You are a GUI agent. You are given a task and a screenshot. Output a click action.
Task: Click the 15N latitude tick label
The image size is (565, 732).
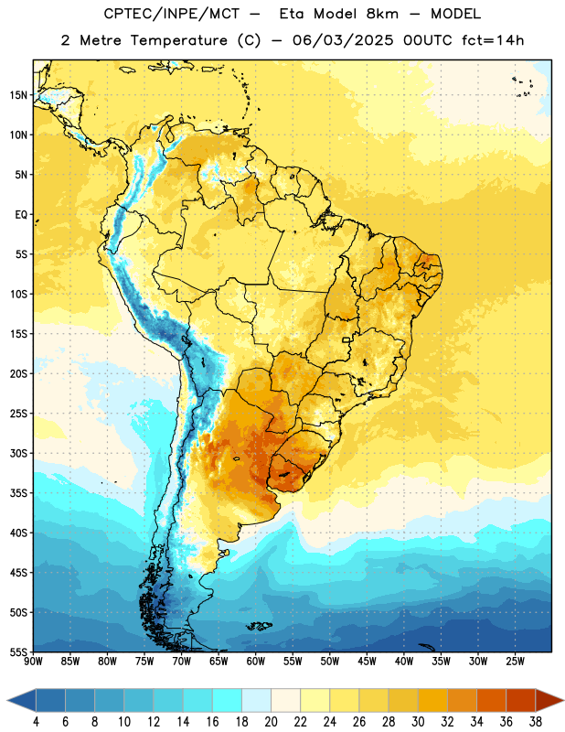(x=17, y=95)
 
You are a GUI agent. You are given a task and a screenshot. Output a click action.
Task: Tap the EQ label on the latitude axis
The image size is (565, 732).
(x=21, y=215)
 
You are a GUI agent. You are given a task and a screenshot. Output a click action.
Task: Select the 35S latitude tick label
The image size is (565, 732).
(x=18, y=493)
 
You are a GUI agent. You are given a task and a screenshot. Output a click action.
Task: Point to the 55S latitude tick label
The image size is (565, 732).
(x=18, y=651)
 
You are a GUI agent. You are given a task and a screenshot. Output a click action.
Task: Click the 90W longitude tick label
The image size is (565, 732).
(x=33, y=661)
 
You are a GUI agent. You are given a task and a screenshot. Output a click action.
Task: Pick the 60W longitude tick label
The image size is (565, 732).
(x=256, y=661)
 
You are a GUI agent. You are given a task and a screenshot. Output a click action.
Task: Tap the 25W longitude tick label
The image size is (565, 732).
(x=515, y=661)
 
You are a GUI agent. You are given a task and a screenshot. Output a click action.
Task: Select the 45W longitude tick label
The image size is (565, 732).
(x=367, y=661)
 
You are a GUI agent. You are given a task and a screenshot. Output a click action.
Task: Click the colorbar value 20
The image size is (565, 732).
(x=271, y=722)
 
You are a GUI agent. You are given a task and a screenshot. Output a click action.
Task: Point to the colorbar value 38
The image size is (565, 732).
(x=535, y=722)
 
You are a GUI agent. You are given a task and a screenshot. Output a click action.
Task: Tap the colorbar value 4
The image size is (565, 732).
(x=36, y=722)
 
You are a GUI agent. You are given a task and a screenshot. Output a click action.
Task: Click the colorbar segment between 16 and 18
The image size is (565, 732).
(x=227, y=700)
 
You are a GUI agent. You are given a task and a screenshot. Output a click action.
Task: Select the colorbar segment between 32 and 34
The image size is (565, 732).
(x=462, y=700)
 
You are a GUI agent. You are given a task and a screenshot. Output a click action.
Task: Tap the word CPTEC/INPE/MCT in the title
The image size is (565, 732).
(x=172, y=14)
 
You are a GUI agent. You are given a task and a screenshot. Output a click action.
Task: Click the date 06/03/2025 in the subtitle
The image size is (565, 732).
(x=343, y=40)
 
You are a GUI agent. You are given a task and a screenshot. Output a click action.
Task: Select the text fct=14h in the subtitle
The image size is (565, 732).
(x=493, y=40)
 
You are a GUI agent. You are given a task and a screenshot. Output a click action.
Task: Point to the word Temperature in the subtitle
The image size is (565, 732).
(x=178, y=40)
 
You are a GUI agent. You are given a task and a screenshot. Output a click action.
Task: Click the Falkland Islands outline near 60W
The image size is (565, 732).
(x=260, y=626)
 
